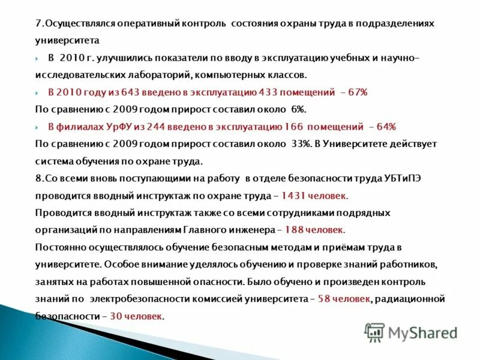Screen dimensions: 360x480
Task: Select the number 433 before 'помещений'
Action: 268,92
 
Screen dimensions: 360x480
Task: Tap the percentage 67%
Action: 358,92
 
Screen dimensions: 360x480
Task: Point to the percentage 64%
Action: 386,127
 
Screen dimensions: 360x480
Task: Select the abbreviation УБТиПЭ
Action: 413,179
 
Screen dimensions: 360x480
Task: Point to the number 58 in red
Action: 324,299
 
